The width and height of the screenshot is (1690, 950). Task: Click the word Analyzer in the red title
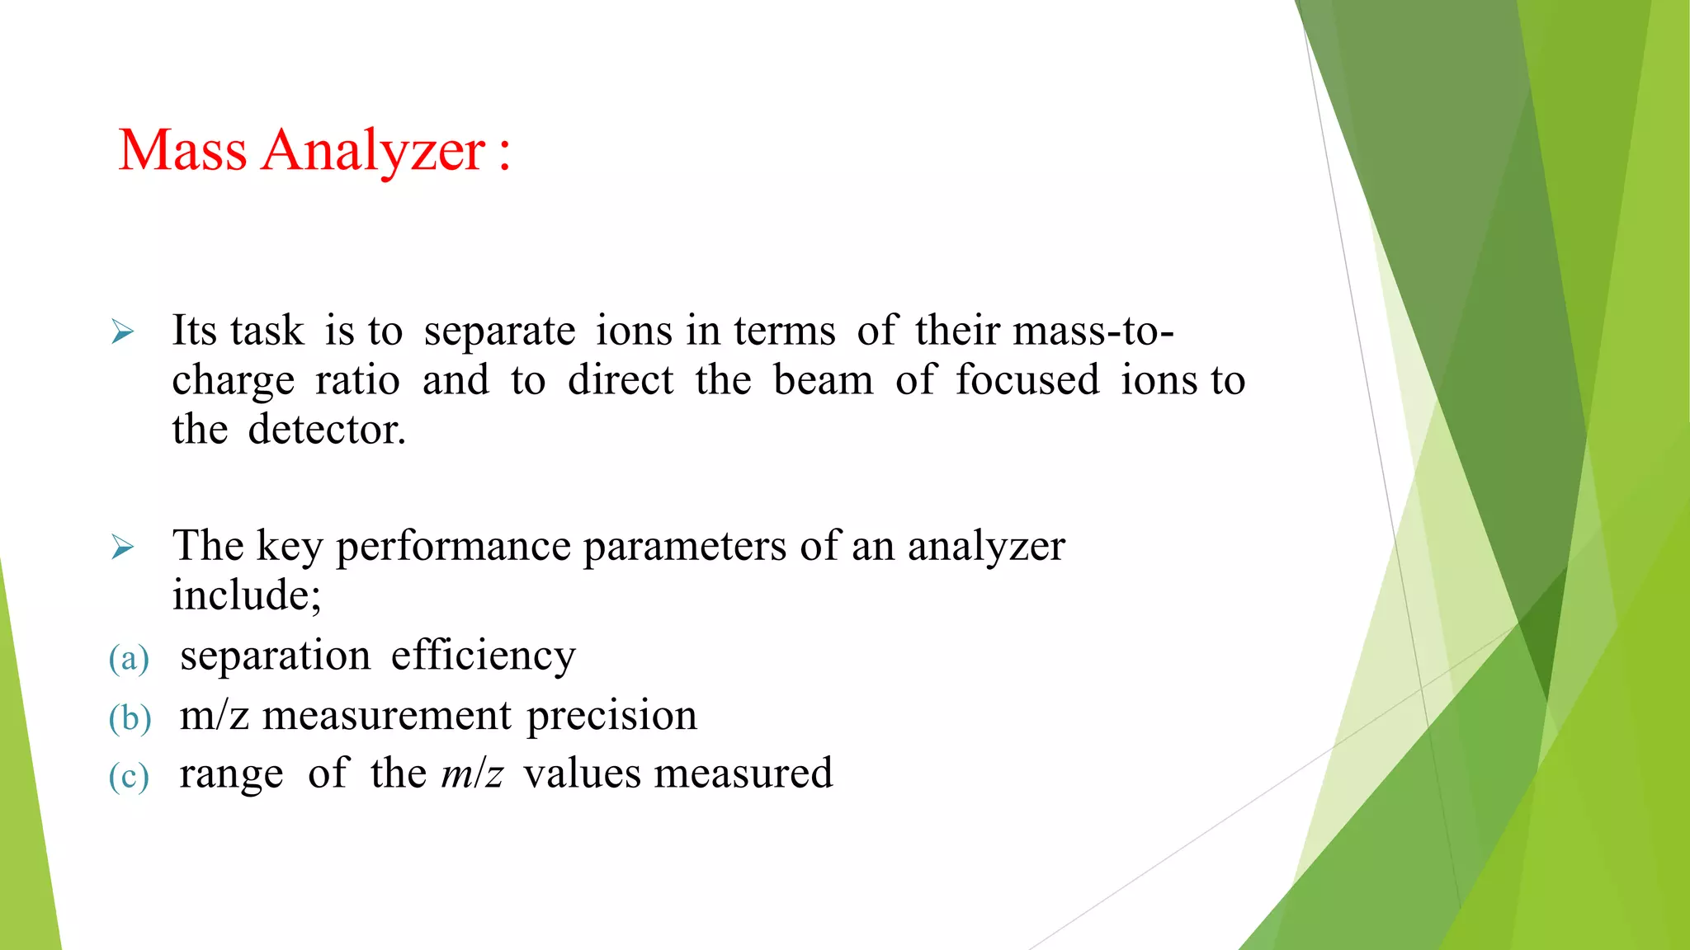coord(373,152)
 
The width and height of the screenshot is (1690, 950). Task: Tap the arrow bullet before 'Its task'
coord(122,332)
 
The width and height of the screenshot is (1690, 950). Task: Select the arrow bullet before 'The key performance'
coord(122,547)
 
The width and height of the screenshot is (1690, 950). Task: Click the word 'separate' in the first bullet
coord(499,332)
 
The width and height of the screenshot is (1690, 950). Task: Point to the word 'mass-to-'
coord(1093,331)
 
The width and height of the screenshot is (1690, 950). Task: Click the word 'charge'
coord(233,382)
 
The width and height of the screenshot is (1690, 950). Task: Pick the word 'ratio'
coord(357,380)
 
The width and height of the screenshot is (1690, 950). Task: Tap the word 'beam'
coord(823,380)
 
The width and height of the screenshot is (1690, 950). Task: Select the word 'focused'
coord(1027,380)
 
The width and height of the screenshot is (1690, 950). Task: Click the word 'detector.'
coord(327,430)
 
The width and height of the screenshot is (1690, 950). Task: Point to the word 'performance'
coord(453,548)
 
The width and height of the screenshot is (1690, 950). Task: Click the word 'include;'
coord(246,595)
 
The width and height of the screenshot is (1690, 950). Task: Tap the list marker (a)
coord(129,659)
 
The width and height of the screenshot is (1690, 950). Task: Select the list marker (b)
coord(130,717)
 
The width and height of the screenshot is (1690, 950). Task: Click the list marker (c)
coord(129,777)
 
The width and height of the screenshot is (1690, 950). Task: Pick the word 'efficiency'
coord(483,656)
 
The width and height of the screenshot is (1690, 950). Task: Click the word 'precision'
coord(611,717)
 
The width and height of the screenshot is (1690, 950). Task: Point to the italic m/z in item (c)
coord(472,774)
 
